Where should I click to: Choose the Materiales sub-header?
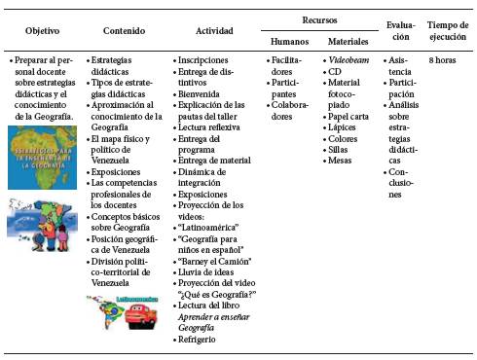click(348, 43)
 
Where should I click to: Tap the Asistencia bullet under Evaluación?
click(401, 66)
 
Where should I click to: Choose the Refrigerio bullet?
click(201, 340)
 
